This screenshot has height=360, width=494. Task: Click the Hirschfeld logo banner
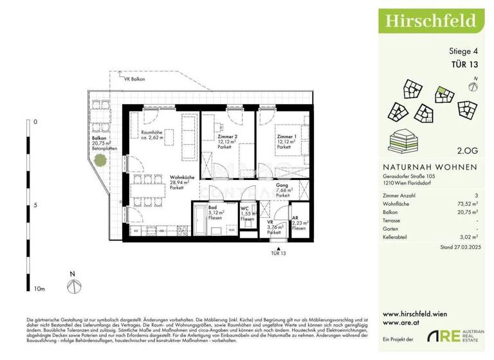430,20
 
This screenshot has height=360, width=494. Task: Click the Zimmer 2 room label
227,137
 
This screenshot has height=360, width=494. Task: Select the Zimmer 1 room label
286,137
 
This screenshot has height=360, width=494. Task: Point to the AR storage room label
295,218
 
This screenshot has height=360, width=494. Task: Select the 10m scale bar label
39,290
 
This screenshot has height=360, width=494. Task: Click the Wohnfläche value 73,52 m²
468,202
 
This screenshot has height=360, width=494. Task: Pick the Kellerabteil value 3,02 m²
469,237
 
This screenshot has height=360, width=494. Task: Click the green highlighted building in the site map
441,94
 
